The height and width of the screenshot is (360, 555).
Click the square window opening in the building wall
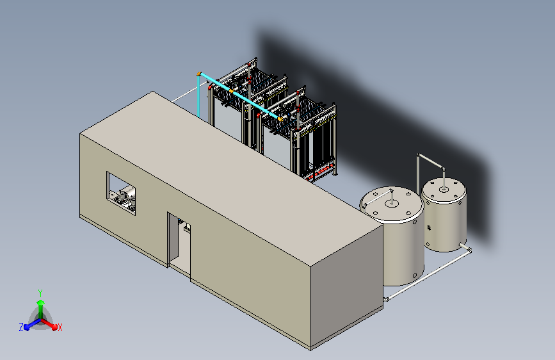tap(121, 193)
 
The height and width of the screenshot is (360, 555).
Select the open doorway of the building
tap(179, 245)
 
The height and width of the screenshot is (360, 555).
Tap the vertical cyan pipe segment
tap(198, 96)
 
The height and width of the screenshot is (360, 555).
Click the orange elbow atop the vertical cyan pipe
tap(199, 74)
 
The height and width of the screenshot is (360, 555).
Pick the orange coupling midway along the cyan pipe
tap(231, 92)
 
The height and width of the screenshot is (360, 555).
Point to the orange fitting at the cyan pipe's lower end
tap(280, 119)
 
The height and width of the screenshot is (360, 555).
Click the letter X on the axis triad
tap(60, 328)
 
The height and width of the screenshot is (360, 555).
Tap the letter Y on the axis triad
tap(40, 293)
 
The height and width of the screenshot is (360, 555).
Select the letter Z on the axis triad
tap(21, 327)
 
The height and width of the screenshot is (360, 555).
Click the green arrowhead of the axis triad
tap(41, 303)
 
